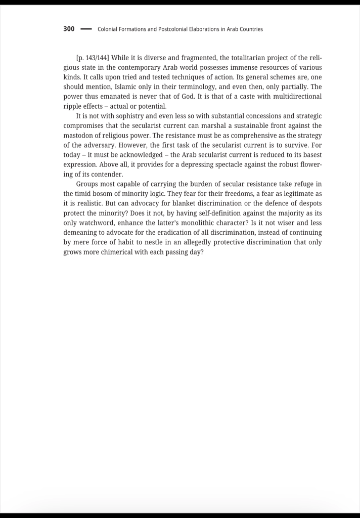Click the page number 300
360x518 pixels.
[x=69, y=29]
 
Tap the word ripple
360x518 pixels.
[x=72, y=106]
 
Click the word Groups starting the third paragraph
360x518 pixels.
[x=87, y=184]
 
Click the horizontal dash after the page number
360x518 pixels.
[x=86, y=29]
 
